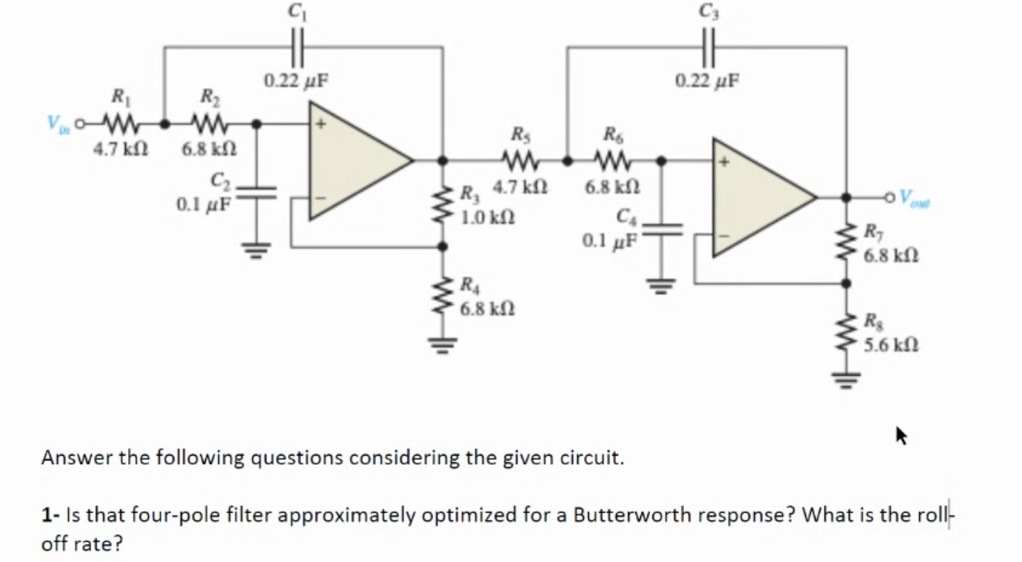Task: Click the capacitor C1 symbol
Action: [x=296, y=47]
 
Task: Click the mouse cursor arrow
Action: [x=902, y=437]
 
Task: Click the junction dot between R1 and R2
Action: [x=164, y=124]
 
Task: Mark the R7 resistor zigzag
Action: [x=846, y=241]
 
